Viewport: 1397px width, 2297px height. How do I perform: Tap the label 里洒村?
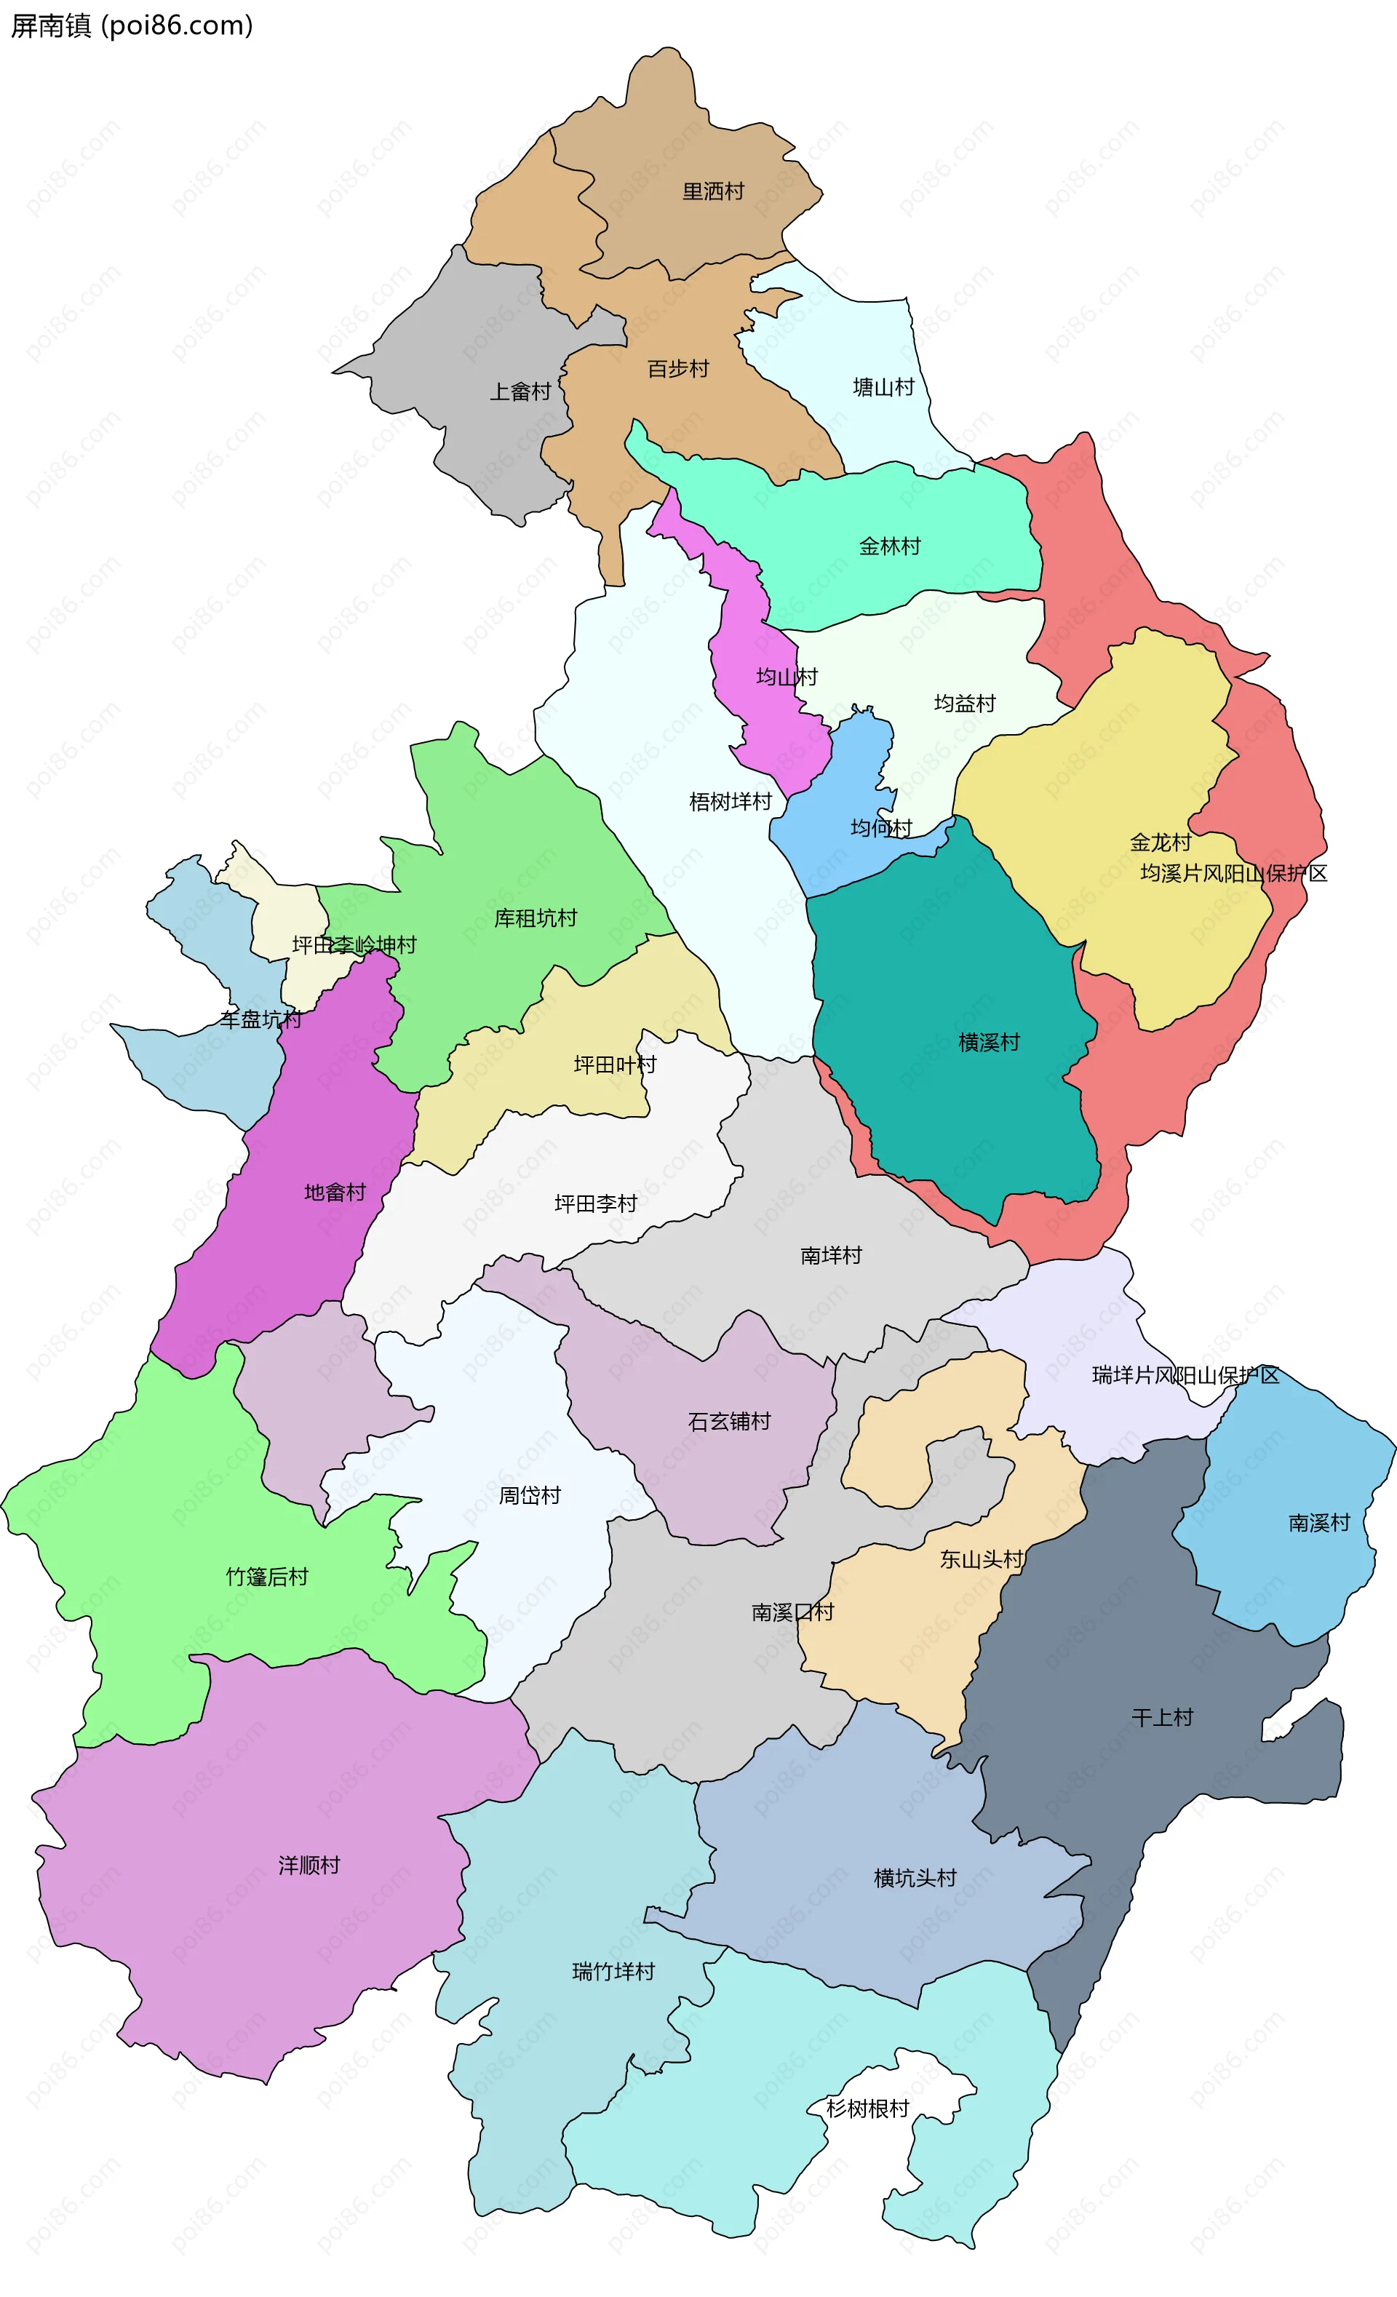click(x=713, y=192)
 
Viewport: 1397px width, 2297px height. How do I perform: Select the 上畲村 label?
click(x=520, y=391)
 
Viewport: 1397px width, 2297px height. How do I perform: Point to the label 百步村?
click(x=677, y=369)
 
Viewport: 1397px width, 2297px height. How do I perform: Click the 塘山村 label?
click(x=883, y=387)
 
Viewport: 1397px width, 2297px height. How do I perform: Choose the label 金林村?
click(x=889, y=546)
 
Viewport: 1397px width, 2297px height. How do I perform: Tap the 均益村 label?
click(x=965, y=703)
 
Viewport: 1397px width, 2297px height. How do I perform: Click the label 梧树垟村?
click(x=730, y=802)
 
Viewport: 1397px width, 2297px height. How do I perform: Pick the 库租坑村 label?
click(x=535, y=918)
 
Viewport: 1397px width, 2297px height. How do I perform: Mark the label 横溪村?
click(x=989, y=1042)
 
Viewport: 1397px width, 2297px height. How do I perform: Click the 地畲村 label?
click(x=335, y=1193)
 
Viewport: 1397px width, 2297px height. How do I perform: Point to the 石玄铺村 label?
click(x=729, y=1422)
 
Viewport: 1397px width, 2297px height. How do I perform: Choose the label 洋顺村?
click(x=309, y=1866)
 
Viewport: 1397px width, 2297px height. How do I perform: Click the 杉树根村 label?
click(x=867, y=2109)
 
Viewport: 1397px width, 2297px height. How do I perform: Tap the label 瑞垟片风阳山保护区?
click(x=1185, y=1375)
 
